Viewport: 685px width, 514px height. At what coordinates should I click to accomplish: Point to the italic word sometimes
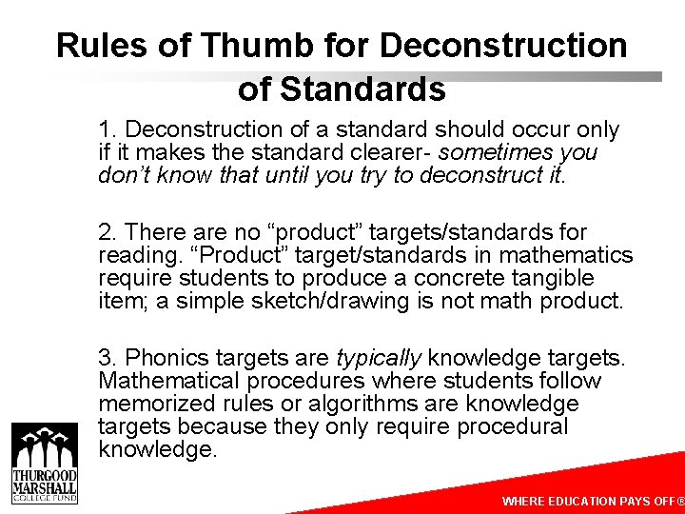[x=486, y=152]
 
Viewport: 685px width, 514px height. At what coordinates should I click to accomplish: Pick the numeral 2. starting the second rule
[x=108, y=232]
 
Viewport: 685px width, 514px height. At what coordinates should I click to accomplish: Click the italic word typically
[x=379, y=358]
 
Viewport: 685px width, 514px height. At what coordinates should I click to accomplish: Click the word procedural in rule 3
[x=514, y=426]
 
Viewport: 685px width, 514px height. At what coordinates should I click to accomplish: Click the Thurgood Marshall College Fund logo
[x=44, y=462]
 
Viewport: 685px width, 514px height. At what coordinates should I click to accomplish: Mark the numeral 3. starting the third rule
[x=108, y=358]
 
